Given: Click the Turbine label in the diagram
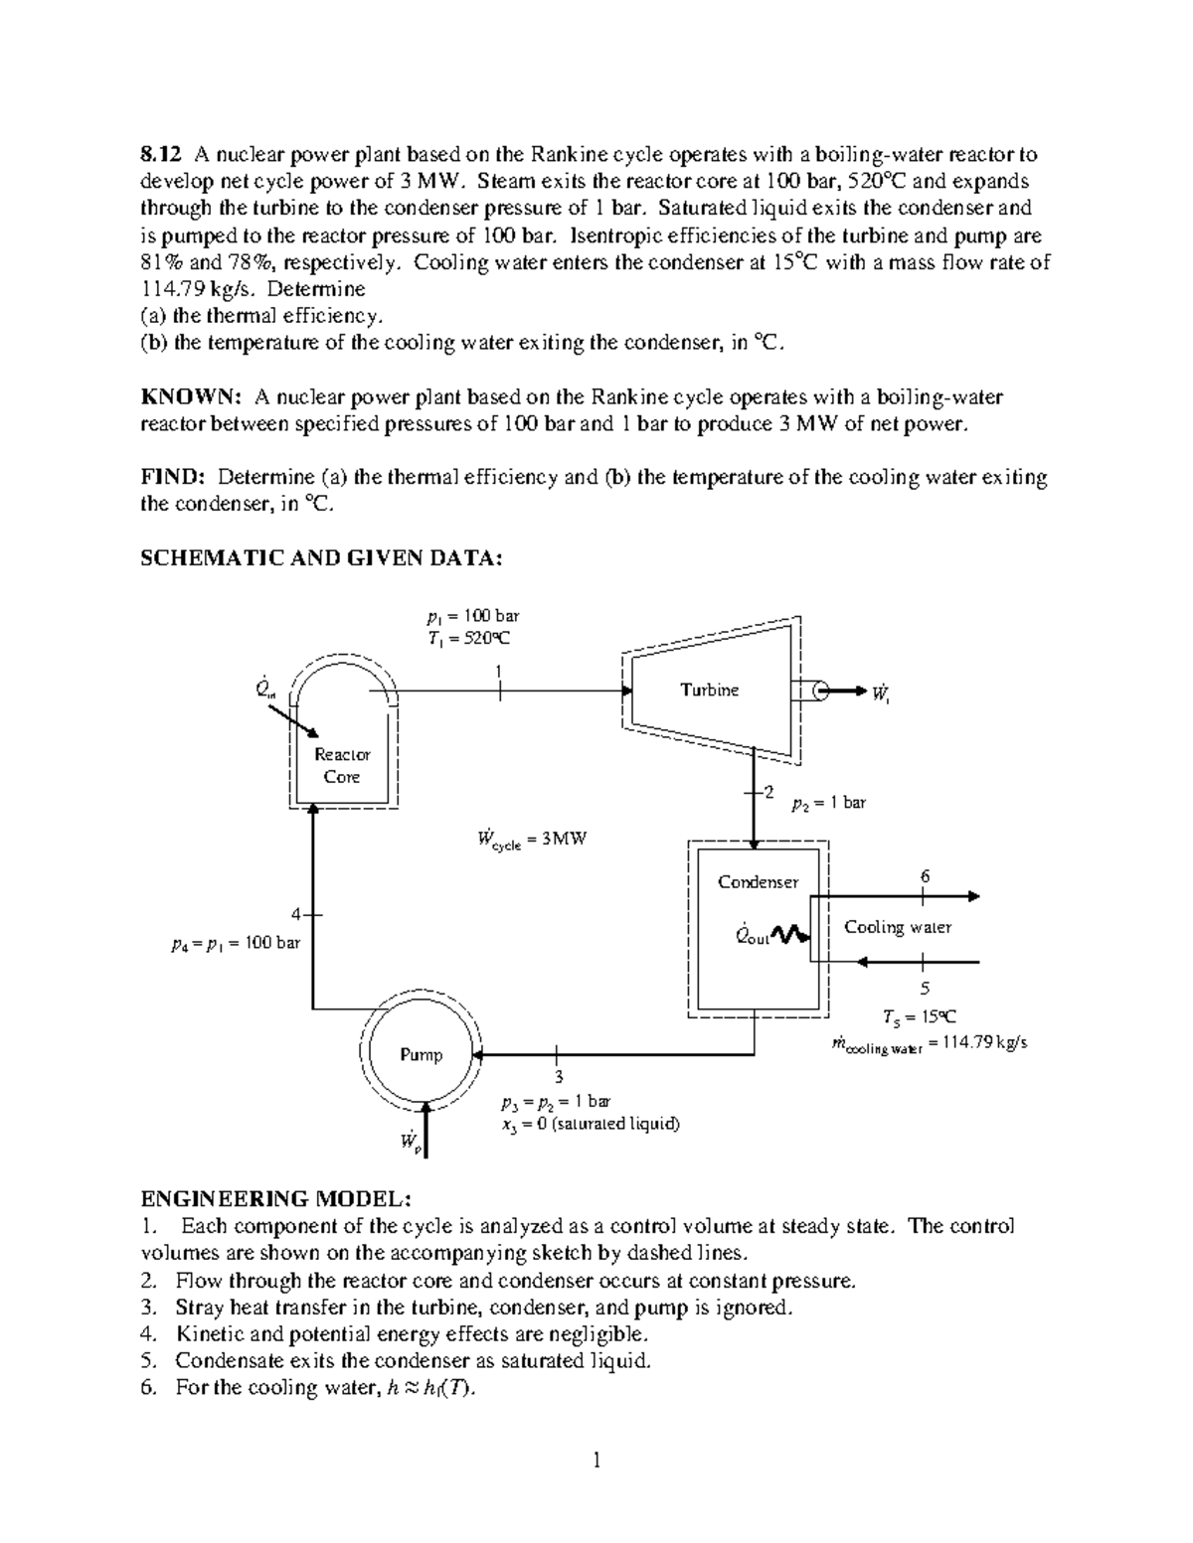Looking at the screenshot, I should click(709, 691).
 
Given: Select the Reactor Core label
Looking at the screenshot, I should click(342, 766).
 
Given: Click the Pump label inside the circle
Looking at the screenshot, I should click(421, 1054).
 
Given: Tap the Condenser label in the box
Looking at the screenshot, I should click(758, 882).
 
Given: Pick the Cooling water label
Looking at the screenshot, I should click(897, 927).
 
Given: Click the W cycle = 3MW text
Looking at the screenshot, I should click(532, 840).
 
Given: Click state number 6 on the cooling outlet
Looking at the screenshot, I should click(925, 876).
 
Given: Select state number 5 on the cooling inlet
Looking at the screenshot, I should click(925, 988).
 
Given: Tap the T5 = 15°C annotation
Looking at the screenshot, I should click(920, 1016).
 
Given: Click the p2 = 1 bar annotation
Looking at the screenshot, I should click(828, 803).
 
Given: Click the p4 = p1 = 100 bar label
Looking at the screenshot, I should click(236, 943).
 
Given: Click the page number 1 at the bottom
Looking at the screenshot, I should click(596, 1460).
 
